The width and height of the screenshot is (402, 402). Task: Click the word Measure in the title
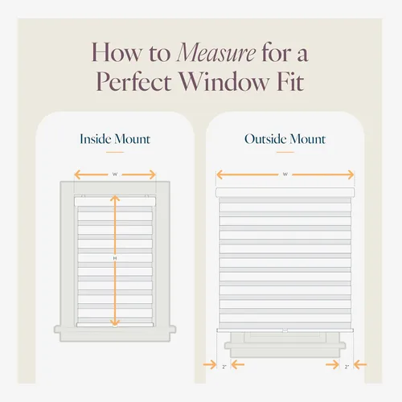216,53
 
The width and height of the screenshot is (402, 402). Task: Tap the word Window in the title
224,81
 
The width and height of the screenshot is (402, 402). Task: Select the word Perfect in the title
133,81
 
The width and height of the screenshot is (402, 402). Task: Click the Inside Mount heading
115,139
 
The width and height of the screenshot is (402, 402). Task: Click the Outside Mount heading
285,139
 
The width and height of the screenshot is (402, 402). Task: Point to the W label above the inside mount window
115,174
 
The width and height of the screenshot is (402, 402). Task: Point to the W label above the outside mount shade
285,174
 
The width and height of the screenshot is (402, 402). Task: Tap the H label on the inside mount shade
115,258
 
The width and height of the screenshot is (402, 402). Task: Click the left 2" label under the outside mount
224,367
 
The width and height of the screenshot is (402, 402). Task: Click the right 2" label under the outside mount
347,367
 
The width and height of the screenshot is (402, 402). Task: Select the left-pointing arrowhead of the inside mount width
78,174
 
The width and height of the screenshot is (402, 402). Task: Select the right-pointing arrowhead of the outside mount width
351,174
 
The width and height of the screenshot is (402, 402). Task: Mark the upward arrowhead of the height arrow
115,199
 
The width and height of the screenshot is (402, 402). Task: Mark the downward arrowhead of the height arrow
115,322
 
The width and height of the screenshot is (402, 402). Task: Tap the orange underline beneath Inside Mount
115,152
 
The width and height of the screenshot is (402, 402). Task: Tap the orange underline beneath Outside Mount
285,152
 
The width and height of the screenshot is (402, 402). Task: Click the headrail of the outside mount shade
285,192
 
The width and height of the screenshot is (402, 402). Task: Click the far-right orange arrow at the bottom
360,364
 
